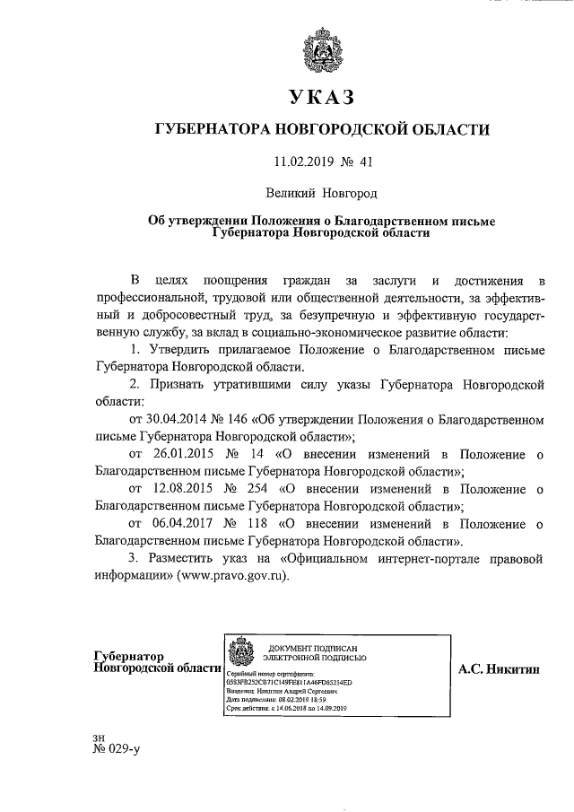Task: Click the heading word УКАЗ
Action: coord(322,97)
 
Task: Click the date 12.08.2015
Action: coord(187,489)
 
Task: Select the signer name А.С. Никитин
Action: coord(500,668)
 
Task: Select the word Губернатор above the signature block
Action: coord(133,656)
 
